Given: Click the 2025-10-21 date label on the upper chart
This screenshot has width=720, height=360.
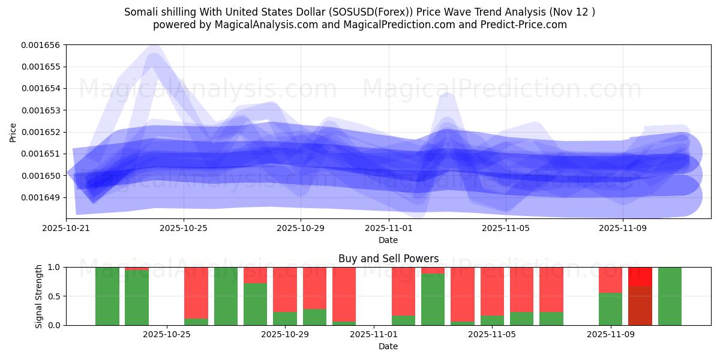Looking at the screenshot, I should (x=66, y=228).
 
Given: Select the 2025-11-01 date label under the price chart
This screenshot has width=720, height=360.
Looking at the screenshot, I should (x=388, y=228).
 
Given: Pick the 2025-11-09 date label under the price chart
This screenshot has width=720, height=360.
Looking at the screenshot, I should (x=623, y=228).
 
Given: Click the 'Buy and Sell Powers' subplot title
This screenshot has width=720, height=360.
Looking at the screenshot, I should (x=388, y=259).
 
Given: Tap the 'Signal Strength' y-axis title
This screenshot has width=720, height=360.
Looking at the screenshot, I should (x=39, y=296).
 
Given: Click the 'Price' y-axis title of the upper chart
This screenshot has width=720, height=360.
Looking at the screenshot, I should (x=13, y=132).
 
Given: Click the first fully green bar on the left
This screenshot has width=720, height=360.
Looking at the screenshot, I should (x=107, y=296).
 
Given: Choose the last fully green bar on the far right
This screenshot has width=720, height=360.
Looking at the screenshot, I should (x=670, y=296).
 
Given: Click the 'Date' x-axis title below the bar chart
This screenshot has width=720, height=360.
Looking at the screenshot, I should (x=388, y=346).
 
